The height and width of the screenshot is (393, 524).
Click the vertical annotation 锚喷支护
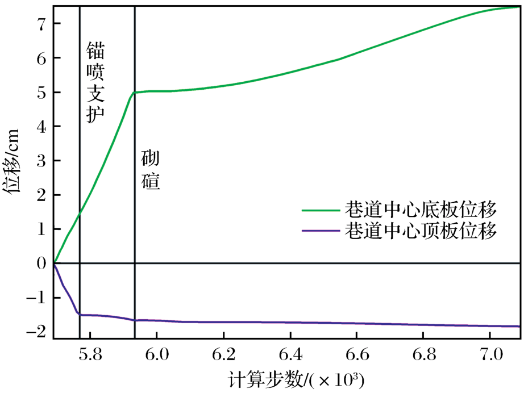point(95,82)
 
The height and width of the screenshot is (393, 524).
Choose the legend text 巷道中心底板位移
point(421,210)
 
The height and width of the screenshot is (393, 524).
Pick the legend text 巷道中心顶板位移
point(421,231)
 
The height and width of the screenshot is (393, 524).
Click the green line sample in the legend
point(321,210)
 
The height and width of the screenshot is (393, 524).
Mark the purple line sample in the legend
point(321,231)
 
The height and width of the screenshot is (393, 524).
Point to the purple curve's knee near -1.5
point(79,314)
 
